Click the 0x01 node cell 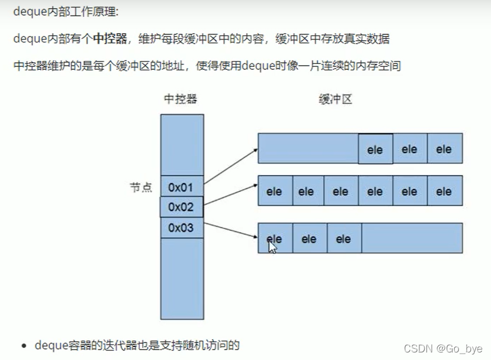[182, 187]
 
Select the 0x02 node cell [182, 206]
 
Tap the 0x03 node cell [182, 227]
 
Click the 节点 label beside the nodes [140, 187]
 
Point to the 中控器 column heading [181, 99]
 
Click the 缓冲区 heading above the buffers [336, 99]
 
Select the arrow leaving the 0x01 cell [230, 166]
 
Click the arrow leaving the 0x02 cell [230, 195]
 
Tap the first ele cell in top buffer [375, 149]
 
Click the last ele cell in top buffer [444, 149]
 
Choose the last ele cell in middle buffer [444, 191]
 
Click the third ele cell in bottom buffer [344, 238]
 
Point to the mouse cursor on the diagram [271, 246]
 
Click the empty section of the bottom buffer [411, 238]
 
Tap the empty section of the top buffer [308, 148]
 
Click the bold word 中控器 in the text [110, 39]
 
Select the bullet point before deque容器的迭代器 [24, 346]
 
